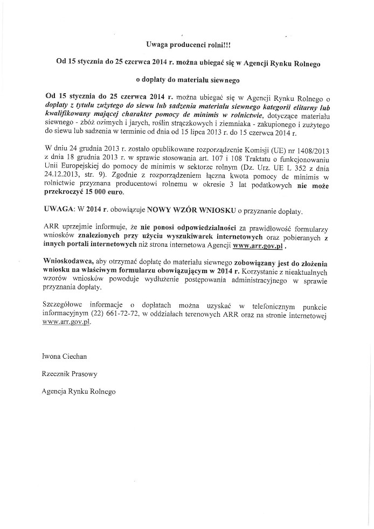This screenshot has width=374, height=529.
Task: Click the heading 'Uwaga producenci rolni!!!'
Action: point(186,46)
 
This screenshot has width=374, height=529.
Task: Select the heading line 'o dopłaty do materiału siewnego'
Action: point(186,79)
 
